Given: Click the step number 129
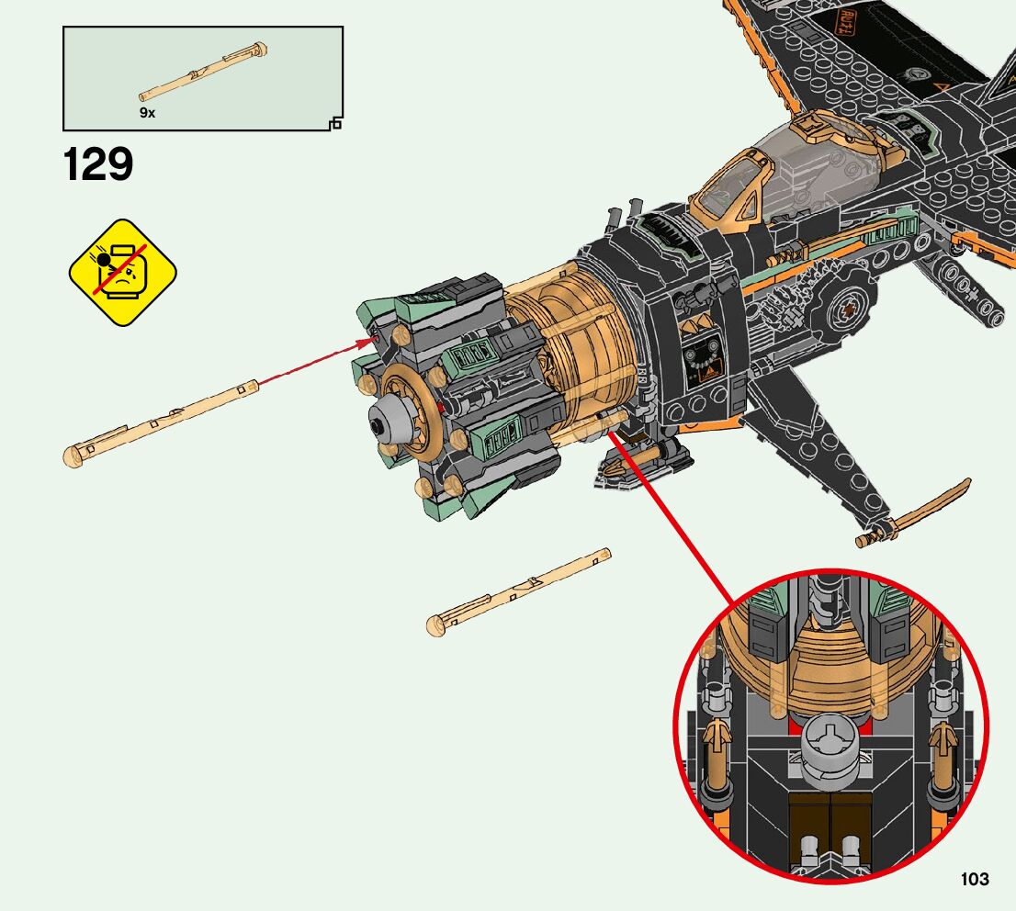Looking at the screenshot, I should [x=98, y=165].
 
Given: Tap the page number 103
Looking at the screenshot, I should [x=975, y=879].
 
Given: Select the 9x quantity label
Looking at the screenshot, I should [x=147, y=112].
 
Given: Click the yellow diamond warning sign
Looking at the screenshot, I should [x=122, y=272].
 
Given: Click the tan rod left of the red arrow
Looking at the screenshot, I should [x=160, y=420].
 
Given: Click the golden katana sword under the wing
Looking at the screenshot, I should [x=914, y=512].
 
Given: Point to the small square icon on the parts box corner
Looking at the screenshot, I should [x=335, y=123].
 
